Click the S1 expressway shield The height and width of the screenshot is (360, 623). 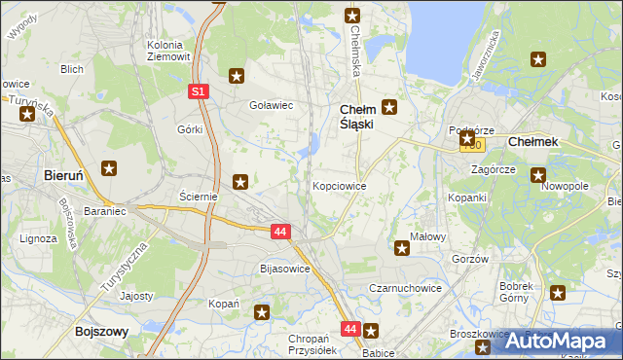coord(198,90)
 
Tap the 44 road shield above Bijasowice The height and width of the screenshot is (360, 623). coord(280,232)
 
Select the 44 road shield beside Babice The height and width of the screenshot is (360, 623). coord(350,329)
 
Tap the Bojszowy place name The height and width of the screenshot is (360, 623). coord(102,332)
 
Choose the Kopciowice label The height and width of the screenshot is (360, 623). coord(339,185)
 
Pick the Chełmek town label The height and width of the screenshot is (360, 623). coord(533,142)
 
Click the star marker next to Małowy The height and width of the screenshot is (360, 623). coord(401,248)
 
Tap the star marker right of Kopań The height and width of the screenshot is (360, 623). coord(262,312)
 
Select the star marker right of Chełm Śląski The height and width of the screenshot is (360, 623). coord(389,107)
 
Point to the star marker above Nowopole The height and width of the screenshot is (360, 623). coord(537,175)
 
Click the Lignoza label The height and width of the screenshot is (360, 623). coord(40,237)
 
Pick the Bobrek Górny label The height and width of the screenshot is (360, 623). coord(516,292)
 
